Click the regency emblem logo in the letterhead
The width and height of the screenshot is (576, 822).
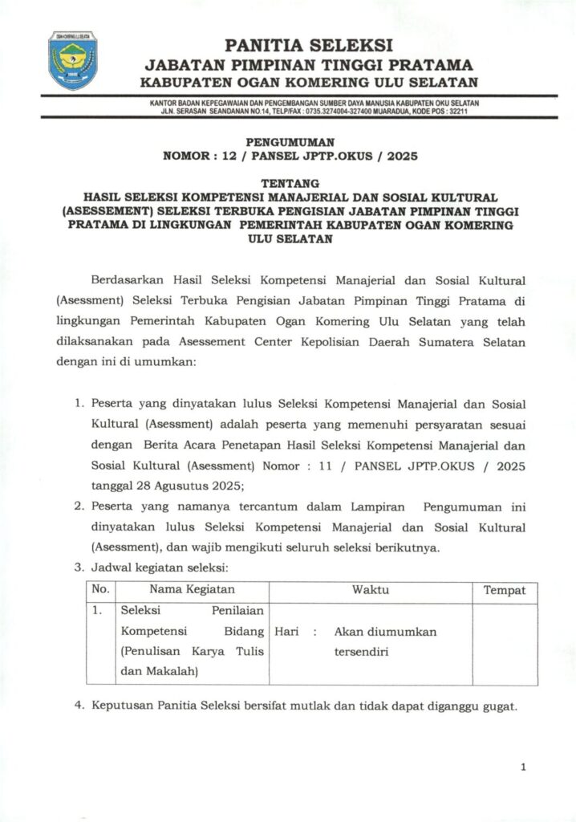coord(72,61)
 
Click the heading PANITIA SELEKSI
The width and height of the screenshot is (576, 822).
coord(309,45)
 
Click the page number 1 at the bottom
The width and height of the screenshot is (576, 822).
coord(523,768)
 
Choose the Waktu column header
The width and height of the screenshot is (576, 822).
coord(370,591)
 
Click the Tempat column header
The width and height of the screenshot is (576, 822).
coord(504,591)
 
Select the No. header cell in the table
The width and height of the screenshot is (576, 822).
coord(100,591)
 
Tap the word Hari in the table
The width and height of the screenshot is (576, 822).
coord(287,632)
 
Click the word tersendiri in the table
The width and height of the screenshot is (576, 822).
coord(362,652)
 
